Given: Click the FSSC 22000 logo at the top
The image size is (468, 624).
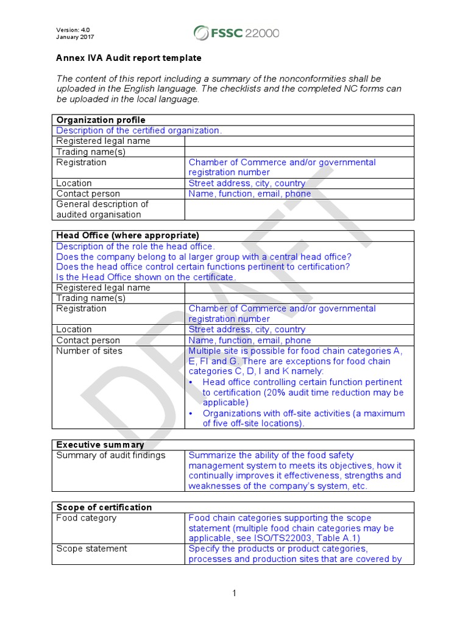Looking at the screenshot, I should point(236,32).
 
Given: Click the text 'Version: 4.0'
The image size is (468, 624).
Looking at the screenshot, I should point(73,29).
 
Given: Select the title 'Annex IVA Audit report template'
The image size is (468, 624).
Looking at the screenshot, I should point(129,58).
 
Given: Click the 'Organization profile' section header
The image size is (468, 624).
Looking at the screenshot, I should point(101,120).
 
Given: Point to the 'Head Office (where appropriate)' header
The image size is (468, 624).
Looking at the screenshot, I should point(127,235).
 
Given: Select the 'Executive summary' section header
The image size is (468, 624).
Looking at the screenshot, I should point(100,445).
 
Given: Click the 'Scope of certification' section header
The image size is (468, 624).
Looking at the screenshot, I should point(104,507).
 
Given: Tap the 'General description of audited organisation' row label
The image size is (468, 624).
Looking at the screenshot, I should point(102,209).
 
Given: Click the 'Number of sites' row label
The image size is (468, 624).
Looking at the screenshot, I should point(89,351).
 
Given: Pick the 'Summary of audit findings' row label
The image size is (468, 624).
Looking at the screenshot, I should point(110,455).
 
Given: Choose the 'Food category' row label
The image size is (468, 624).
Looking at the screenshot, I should point(86,518).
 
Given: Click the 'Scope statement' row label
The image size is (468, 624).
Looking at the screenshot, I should point(91,548).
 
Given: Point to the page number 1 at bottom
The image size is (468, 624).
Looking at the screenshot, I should point(234,593).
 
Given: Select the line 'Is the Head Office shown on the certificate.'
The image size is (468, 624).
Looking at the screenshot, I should point(146,277).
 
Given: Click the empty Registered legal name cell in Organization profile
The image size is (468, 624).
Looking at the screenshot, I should point(299,141).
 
